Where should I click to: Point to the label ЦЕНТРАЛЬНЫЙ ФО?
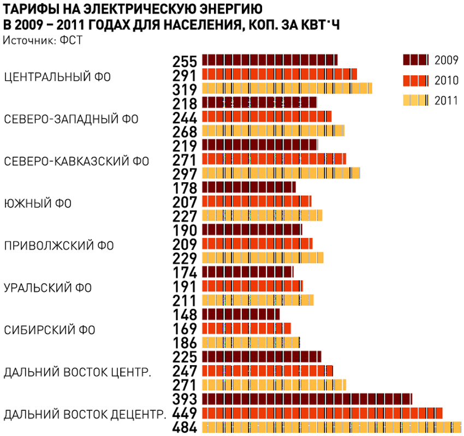[x=57, y=77]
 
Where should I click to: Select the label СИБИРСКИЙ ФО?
[x=50, y=330]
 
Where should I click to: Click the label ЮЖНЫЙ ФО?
[x=38, y=204]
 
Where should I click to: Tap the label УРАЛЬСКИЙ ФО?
[x=48, y=288]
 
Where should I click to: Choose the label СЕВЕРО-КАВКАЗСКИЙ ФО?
[x=76, y=162]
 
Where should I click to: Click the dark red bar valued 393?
[x=307, y=399]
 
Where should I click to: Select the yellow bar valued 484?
[x=331, y=427]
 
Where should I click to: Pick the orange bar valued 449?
[x=322, y=413]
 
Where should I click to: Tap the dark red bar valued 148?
[x=241, y=314]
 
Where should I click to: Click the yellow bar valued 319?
[x=287, y=88]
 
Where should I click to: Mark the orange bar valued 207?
[x=257, y=201]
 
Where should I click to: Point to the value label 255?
[x=184, y=61]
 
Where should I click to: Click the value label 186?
[x=184, y=343]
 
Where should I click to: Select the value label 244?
[x=184, y=117]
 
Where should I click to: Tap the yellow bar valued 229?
[x=263, y=258]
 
